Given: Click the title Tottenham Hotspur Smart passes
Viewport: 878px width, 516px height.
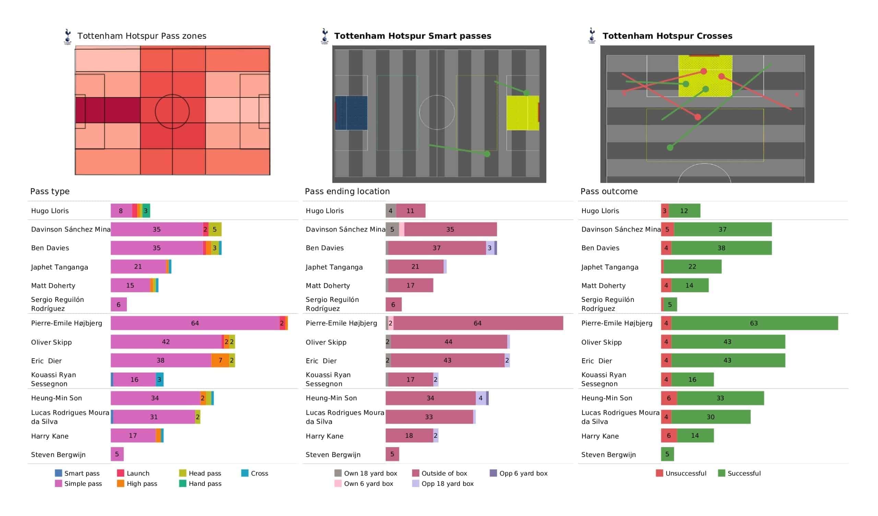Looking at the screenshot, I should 413,36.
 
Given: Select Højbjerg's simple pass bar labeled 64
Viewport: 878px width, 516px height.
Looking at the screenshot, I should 195,323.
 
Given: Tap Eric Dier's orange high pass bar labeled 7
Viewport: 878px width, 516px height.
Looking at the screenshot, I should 220,360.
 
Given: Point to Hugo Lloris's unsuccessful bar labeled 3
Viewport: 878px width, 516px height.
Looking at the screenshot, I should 665,211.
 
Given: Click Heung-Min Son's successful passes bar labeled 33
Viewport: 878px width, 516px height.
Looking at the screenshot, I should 720,398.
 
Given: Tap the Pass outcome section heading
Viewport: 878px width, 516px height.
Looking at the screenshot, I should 609,191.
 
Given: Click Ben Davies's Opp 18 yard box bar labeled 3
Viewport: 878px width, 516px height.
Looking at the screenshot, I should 489,248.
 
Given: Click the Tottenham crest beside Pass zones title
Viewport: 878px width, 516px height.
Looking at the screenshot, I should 68,36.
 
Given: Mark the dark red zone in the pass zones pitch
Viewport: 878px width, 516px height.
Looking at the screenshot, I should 108,110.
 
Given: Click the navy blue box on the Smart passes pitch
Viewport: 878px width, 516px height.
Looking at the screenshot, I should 351,113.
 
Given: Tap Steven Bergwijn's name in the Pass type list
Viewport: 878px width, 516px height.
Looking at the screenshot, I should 58,455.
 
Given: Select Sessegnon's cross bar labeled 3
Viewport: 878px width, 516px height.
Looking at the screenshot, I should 159,379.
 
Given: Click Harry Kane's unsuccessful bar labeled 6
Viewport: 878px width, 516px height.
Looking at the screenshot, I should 668,435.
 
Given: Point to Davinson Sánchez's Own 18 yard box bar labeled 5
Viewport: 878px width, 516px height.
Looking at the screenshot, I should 392,230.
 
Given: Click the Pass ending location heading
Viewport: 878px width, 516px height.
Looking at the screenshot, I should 347,191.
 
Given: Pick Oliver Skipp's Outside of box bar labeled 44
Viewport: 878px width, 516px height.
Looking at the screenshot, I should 448,342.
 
